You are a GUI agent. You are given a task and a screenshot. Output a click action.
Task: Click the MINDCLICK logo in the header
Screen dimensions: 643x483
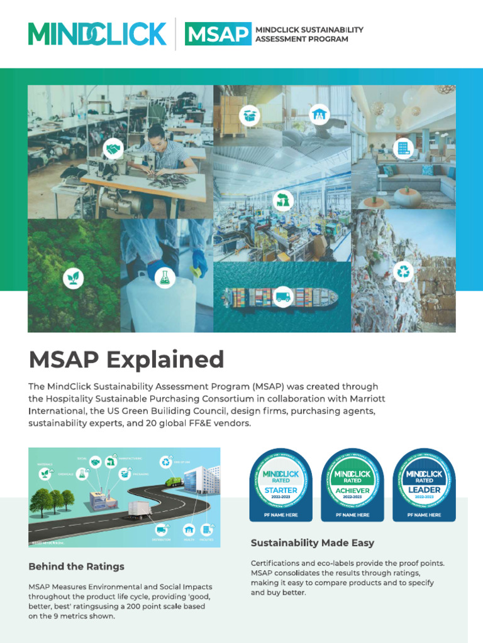[x=97, y=33]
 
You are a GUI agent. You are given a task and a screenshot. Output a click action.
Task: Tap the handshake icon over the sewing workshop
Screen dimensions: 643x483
[x=113, y=149]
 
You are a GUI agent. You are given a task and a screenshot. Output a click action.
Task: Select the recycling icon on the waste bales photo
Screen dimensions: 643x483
[x=402, y=272]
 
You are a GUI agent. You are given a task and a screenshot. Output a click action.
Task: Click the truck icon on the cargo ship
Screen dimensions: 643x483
[x=283, y=296]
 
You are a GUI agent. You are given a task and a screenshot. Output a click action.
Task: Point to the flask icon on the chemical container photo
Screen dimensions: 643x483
[x=165, y=278]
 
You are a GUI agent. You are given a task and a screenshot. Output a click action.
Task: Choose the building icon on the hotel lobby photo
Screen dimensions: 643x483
[x=402, y=149]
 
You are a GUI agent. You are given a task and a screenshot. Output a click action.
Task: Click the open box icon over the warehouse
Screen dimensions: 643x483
[x=250, y=116]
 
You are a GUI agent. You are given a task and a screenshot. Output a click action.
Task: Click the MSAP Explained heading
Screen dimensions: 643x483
[x=126, y=360]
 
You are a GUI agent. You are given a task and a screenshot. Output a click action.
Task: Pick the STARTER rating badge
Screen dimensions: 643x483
[x=281, y=484]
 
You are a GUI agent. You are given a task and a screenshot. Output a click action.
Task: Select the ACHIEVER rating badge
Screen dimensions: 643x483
[x=353, y=484]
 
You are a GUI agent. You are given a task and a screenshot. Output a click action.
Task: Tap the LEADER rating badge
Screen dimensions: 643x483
[x=425, y=484]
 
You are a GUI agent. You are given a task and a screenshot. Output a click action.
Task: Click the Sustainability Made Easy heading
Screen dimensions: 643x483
[x=312, y=543]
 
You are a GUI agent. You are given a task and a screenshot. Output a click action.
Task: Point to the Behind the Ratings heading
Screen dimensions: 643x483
[x=76, y=566]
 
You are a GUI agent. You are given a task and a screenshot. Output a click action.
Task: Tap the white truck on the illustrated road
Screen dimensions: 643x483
[x=139, y=511]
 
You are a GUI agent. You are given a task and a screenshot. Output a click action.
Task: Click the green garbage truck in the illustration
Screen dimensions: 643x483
[x=173, y=482]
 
